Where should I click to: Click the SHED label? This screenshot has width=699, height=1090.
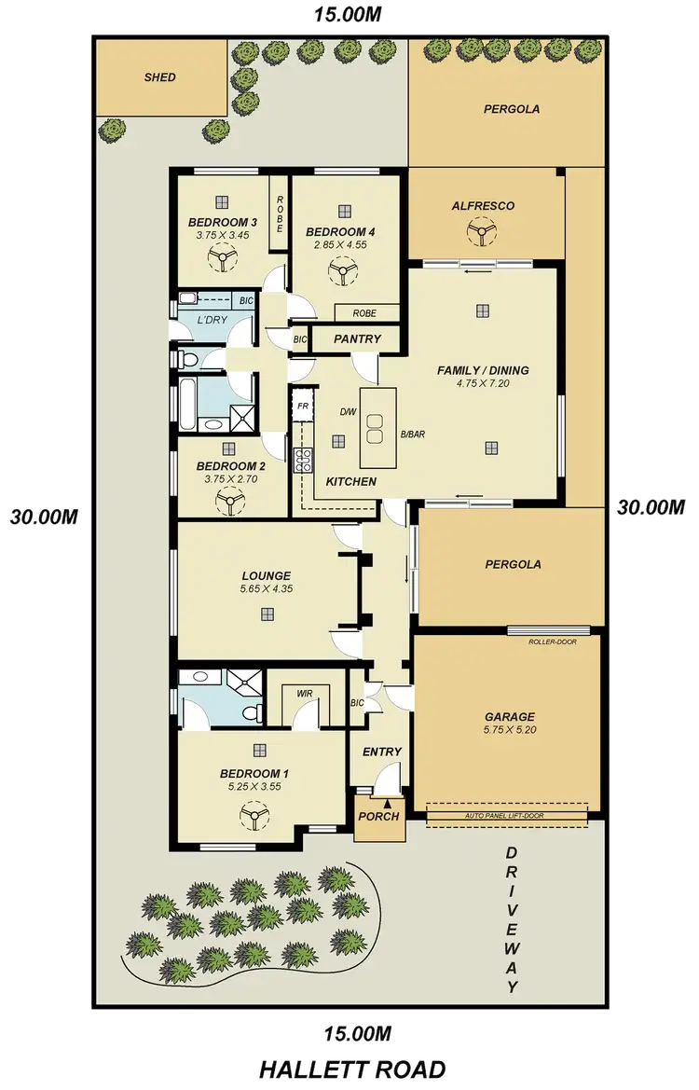tap(159, 77)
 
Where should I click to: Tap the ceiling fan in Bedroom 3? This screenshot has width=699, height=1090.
tap(223, 259)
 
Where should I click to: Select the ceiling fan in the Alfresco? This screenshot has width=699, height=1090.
tap(482, 233)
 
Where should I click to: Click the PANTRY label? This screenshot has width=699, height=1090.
tap(357, 339)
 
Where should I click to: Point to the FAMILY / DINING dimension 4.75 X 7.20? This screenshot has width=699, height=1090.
tap(482, 383)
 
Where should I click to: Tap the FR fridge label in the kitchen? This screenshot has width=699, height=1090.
tap(302, 407)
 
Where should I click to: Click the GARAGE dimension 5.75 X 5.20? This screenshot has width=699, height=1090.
tap(509, 731)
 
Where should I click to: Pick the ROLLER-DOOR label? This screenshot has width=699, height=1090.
tap(548, 642)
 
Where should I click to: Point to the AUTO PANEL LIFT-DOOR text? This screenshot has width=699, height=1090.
tap(507, 816)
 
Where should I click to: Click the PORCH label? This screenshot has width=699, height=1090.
tap(378, 817)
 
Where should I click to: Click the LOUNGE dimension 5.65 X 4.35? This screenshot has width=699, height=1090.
tap(267, 589)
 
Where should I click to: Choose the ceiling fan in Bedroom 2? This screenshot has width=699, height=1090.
tap(227, 504)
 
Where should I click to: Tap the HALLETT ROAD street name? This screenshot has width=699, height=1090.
tap(351, 1069)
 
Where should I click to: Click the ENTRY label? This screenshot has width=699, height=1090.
tap(382, 752)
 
